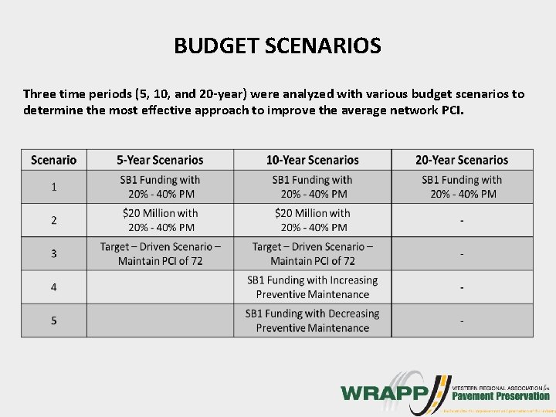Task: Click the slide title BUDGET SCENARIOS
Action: pos(277,47)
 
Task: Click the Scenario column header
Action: pos(54,160)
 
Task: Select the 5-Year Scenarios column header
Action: pos(160,160)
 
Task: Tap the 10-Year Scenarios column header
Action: pos(312,160)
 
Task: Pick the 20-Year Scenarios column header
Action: pos(462,160)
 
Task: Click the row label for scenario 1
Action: pos(54,187)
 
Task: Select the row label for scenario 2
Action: pos(54,220)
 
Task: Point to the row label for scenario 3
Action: pos(54,253)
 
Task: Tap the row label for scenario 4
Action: pos(54,286)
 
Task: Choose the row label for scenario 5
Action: pos(54,320)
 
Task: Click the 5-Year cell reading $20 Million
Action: pos(160,220)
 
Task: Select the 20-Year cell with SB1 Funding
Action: pos(462,187)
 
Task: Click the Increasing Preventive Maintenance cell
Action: pos(312,286)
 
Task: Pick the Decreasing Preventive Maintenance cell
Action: pos(312,320)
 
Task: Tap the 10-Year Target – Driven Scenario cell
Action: pos(312,253)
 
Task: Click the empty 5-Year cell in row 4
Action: pos(160,286)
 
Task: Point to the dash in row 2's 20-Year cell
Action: pos(462,221)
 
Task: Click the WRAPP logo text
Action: pos(381,392)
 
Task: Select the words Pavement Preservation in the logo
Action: pos(501,396)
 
